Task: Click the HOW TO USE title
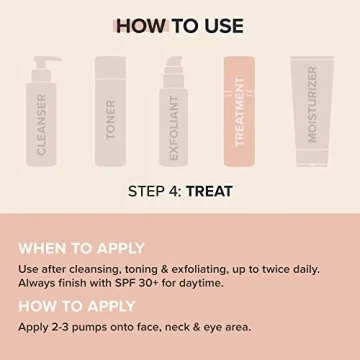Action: click(x=180, y=25)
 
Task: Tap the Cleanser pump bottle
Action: click(x=41, y=115)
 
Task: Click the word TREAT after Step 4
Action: click(x=220, y=189)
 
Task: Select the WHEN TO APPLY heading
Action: click(x=82, y=247)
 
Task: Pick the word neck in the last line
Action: click(x=183, y=328)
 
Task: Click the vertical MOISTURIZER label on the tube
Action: click(x=312, y=105)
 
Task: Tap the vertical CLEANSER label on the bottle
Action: click(x=41, y=124)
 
